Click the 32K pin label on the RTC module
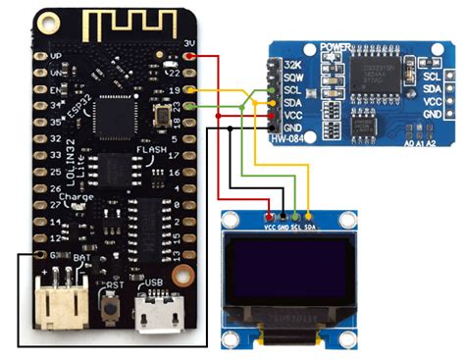coord(290,65)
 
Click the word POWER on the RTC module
coord(336,45)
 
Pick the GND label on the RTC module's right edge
coord(432,114)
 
